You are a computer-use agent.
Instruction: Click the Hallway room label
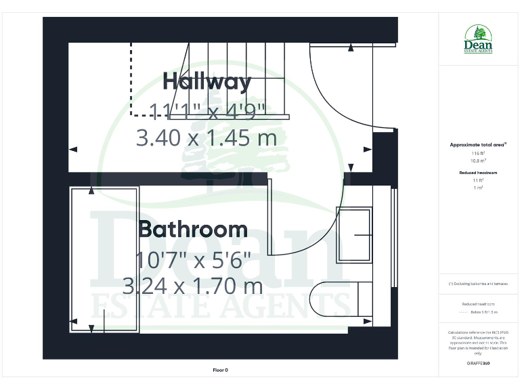[207, 82]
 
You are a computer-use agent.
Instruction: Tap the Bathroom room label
[193, 229]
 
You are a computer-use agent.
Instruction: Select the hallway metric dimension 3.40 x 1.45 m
[207, 139]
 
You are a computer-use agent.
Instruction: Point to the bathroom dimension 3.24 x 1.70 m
[193, 285]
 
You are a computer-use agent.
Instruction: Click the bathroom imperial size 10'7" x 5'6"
[193, 259]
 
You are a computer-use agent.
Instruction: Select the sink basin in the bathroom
[354, 234]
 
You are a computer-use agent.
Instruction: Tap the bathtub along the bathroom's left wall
[105, 259]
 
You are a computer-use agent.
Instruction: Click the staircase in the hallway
[237, 78]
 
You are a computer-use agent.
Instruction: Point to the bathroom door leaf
[269, 215]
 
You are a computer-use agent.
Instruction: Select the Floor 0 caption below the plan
[221, 370]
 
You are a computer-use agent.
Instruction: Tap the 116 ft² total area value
[478, 154]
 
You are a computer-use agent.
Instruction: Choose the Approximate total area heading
[478, 144]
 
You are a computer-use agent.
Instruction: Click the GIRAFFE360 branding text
[478, 364]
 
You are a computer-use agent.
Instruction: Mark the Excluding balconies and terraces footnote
[478, 284]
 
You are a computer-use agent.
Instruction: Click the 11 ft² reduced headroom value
[478, 180]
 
